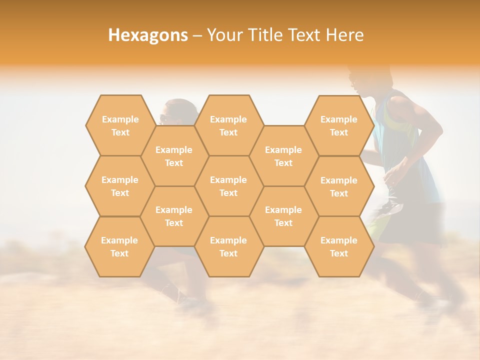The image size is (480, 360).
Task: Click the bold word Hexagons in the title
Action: pyautogui.click(x=148, y=35)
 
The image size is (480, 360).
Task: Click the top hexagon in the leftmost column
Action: pyautogui.click(x=120, y=125)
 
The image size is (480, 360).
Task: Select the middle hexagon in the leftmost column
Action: pyautogui.click(x=120, y=186)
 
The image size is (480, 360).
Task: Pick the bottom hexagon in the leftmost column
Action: pyautogui.click(x=119, y=246)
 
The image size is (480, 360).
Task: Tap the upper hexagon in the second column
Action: pyautogui.click(x=174, y=156)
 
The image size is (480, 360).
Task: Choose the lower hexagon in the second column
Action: pyautogui.click(x=174, y=216)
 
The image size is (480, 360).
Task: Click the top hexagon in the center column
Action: pyautogui.click(x=228, y=125)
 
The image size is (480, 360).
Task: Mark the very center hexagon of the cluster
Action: pyautogui.click(x=228, y=186)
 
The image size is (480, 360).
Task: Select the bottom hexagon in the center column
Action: pyautogui.click(x=228, y=246)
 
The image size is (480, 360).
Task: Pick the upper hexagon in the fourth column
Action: pyautogui.click(x=283, y=156)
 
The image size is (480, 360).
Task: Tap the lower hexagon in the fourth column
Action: pyautogui.click(x=283, y=216)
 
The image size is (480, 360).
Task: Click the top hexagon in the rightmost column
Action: pyautogui.click(x=339, y=125)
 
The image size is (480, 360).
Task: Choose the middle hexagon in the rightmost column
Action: pyautogui.click(x=339, y=186)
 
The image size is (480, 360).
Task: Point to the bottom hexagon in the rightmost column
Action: pyautogui.click(x=339, y=246)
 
